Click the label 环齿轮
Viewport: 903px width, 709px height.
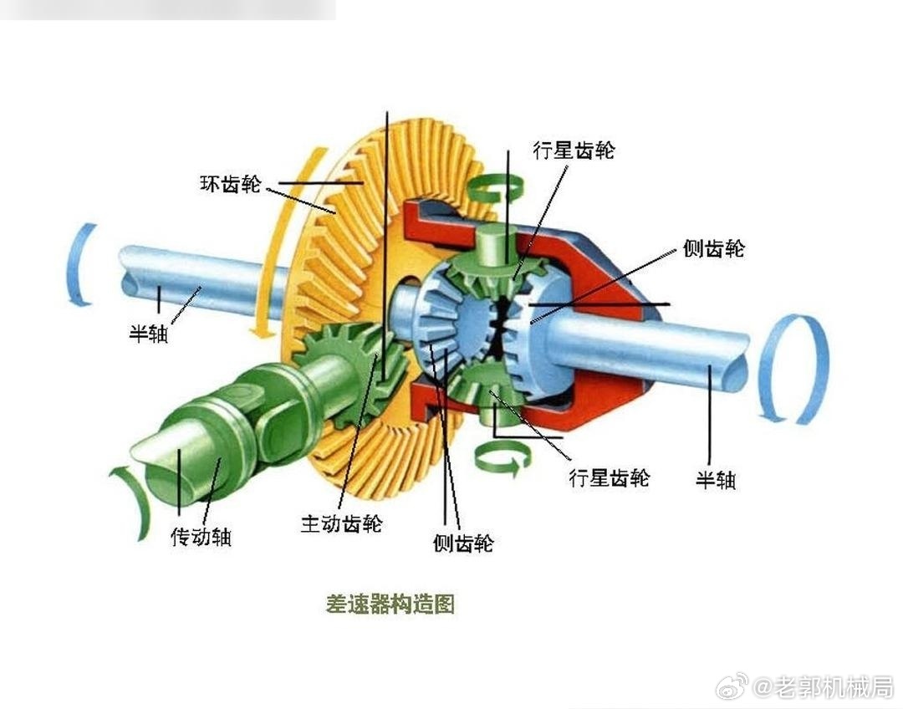point(230,183)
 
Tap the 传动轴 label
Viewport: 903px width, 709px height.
point(201,537)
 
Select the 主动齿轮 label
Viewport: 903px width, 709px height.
point(341,523)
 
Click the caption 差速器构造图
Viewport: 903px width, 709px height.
point(390,604)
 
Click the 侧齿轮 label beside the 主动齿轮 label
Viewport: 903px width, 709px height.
point(463,543)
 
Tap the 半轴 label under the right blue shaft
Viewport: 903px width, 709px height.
point(716,480)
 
